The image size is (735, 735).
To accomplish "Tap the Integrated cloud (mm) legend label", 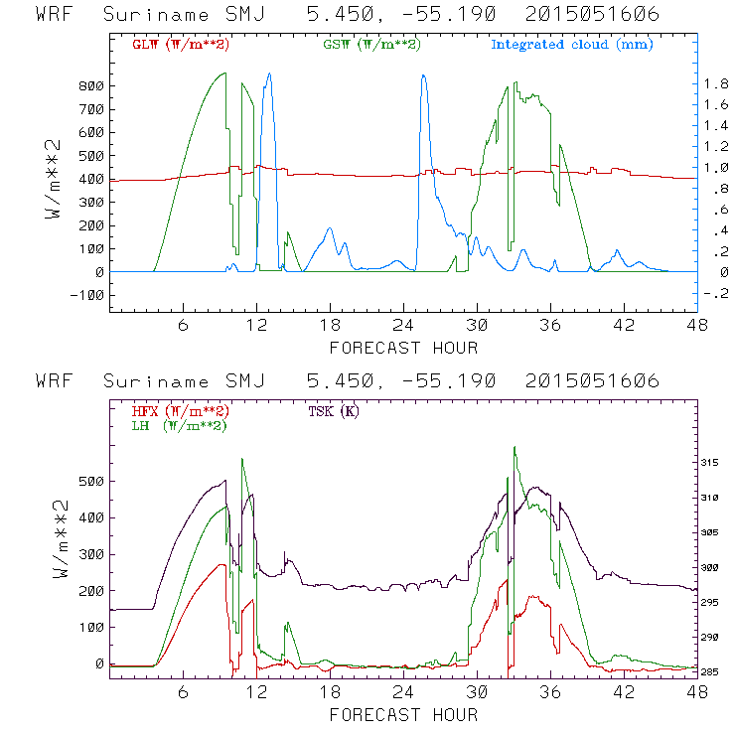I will [x=572, y=45].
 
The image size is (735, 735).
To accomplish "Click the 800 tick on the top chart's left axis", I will [x=90, y=86].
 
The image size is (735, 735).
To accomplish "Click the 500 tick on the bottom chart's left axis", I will [x=90, y=482].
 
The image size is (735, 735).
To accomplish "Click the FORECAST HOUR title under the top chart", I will [x=403, y=348].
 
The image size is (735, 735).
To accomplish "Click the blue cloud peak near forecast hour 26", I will [x=424, y=75].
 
